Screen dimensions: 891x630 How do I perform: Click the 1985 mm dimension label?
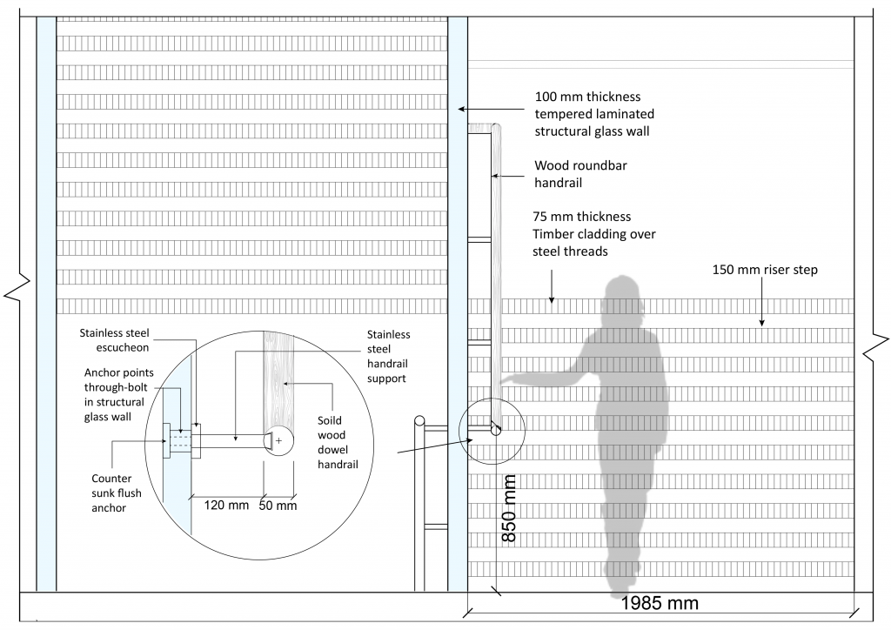(660, 603)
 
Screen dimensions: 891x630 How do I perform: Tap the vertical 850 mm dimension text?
(509, 508)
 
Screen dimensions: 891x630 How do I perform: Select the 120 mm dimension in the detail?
(226, 505)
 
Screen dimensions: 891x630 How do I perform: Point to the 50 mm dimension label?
(278, 505)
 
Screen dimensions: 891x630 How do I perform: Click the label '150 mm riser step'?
(765, 269)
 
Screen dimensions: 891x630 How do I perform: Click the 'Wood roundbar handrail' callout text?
(580, 174)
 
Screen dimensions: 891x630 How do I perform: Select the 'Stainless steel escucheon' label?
(114, 339)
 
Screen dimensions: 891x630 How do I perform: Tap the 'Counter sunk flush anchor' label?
(117, 493)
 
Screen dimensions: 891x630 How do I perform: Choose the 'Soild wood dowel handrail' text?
(338, 442)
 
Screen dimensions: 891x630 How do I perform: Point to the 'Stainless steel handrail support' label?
(388, 356)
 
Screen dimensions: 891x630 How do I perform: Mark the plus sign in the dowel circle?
(278, 440)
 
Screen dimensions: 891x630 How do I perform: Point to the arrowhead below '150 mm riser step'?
(762, 323)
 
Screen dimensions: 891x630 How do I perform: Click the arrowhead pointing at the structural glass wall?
(462, 109)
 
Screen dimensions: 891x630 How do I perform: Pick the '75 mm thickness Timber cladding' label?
(593, 233)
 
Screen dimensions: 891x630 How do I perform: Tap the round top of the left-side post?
(419, 421)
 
